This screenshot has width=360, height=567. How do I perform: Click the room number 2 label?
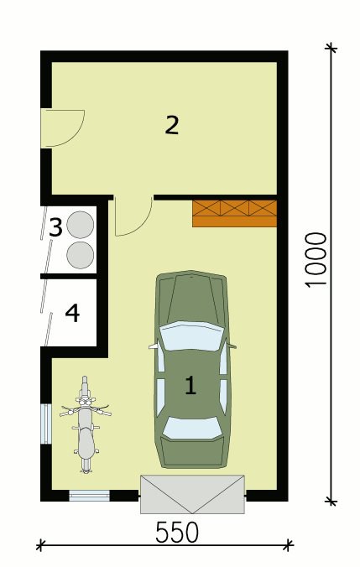click(x=172, y=124)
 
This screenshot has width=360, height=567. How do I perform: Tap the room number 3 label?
click(x=55, y=227)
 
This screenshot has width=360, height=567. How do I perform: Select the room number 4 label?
click(x=72, y=313)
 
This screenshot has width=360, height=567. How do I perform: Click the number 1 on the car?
click(x=190, y=385)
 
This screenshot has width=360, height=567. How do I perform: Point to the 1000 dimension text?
click(x=316, y=260)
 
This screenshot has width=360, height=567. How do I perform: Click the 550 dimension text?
click(x=177, y=533)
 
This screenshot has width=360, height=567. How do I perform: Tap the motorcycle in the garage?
click(x=86, y=424)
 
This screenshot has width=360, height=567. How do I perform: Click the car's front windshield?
click(x=191, y=336)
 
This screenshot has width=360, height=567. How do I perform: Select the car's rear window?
click(x=192, y=428)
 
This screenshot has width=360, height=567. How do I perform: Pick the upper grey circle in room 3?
click(x=81, y=225)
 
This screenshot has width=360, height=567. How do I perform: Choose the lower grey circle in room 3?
click(x=81, y=255)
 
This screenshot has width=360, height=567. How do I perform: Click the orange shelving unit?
click(x=234, y=213)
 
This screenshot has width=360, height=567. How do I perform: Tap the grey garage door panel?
click(x=192, y=494)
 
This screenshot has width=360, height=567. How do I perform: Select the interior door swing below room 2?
click(x=143, y=225)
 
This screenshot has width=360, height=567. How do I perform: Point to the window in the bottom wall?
click(x=89, y=496)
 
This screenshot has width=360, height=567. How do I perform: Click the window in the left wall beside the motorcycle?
click(x=46, y=424)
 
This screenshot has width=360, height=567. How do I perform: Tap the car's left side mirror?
click(x=154, y=346)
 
